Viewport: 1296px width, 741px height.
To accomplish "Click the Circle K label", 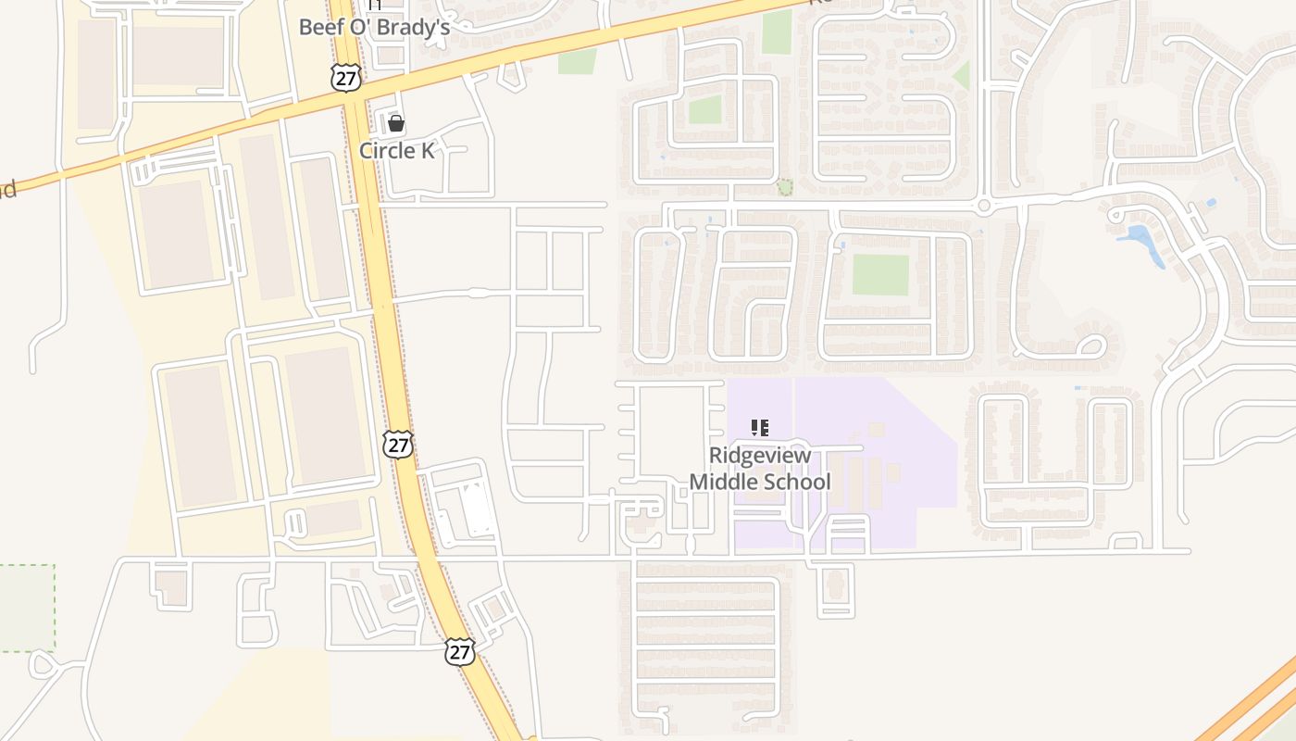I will (x=396, y=151).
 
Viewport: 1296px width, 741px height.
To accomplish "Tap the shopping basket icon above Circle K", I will (x=396, y=123).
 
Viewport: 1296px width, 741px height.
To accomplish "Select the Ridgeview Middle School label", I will (x=759, y=469).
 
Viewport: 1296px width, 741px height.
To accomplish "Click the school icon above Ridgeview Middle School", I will (x=759, y=428).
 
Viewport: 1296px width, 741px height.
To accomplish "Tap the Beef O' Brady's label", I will (x=374, y=28).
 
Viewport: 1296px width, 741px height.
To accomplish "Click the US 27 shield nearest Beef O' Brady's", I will (x=345, y=78).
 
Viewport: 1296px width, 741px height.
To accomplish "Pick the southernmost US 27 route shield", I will (x=459, y=651).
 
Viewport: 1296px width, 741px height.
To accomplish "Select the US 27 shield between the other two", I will (x=398, y=444).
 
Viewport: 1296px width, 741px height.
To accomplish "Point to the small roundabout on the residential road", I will (x=984, y=206).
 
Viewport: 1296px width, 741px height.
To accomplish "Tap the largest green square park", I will (x=880, y=274).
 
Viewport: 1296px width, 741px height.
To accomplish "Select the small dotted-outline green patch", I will (x=785, y=188).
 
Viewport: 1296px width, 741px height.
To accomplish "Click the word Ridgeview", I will (x=759, y=456).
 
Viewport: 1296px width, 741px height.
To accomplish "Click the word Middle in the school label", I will (x=723, y=482).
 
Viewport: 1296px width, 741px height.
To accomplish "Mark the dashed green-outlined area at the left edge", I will (x=26, y=607).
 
